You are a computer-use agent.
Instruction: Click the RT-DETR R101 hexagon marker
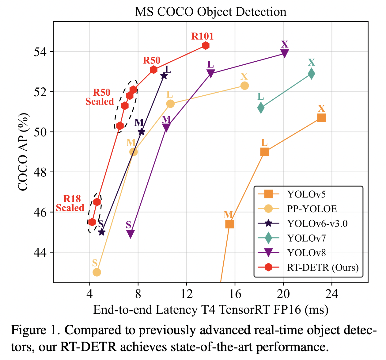coord(206,46)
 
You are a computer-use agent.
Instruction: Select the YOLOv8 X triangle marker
coord(285,54)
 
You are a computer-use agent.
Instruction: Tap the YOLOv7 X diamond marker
coord(311,74)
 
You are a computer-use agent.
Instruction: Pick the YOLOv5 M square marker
coord(229,224)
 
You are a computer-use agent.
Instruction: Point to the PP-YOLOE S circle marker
coord(97,272)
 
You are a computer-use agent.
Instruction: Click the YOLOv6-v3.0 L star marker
coord(164,75)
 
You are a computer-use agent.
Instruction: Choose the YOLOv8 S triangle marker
coord(131,234)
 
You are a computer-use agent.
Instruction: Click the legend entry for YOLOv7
coord(307,238)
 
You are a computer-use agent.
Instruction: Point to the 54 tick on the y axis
coord(40,52)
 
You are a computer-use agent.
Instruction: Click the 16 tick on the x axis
coord(235,294)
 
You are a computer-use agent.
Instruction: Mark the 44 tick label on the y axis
coord(40,252)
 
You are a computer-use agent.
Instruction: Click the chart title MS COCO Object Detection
coord(211,12)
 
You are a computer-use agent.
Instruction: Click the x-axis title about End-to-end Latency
coord(211,310)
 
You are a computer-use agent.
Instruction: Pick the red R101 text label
coord(202,36)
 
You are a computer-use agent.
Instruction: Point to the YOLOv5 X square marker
coord(321,118)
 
